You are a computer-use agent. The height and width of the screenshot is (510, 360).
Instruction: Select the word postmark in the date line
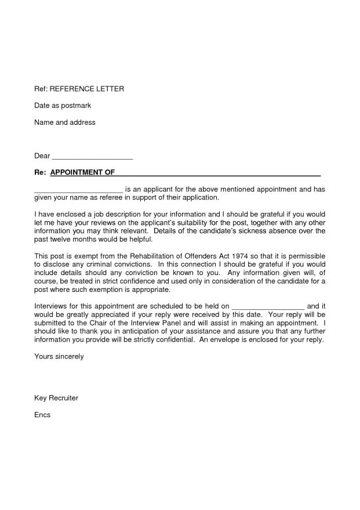pos(77,106)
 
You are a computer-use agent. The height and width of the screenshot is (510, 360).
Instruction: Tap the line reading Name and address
pos(64,122)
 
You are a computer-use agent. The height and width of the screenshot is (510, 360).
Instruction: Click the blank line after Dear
pos(93,156)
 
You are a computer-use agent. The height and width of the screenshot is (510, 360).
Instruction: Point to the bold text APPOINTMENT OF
pos(82,173)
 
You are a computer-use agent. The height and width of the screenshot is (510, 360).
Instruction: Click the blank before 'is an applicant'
pos(78,189)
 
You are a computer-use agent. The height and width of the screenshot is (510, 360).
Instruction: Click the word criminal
pos(93,265)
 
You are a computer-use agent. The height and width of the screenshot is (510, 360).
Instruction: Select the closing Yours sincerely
pos(59,356)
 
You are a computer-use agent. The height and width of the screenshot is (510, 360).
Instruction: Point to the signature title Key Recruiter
pos(56,398)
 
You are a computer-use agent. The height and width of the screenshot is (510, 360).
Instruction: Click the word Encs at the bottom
pos(43,415)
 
